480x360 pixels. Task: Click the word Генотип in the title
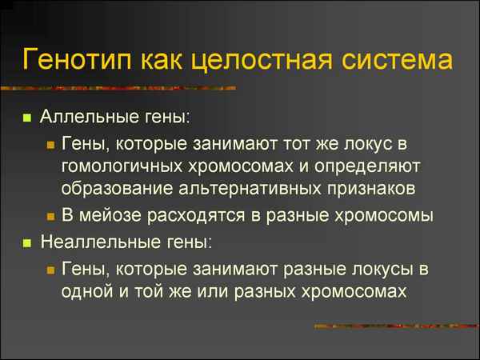tap(78, 59)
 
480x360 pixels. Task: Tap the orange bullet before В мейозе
tap(50, 216)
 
